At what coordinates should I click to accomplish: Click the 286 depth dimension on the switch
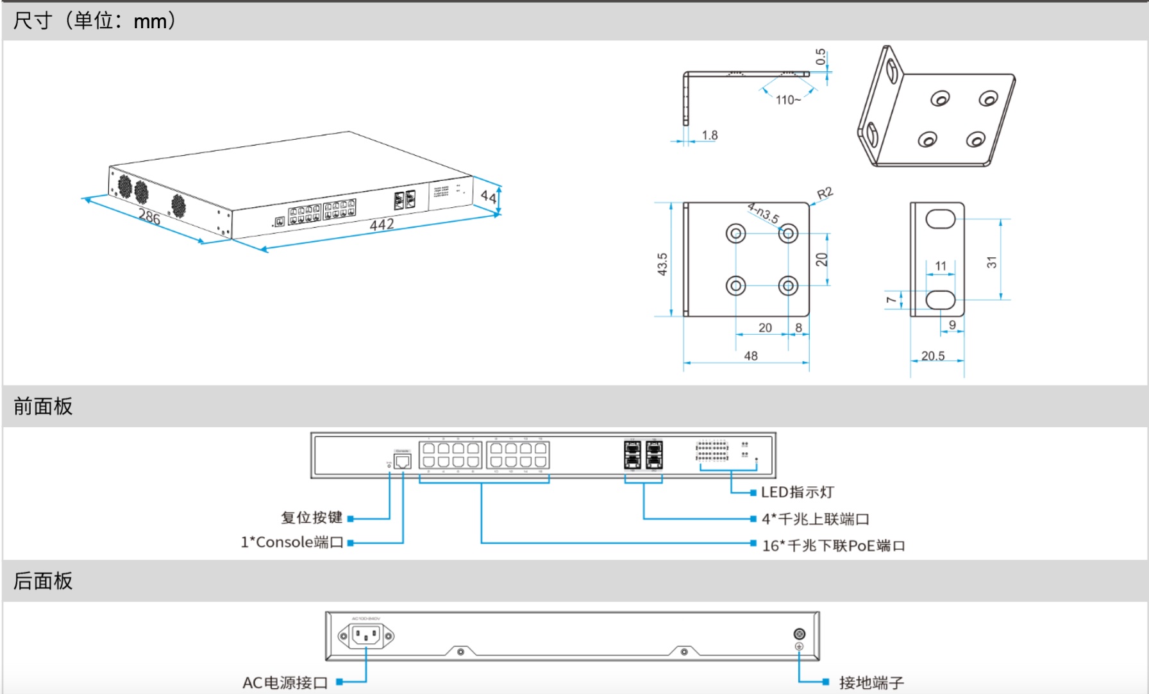point(149,217)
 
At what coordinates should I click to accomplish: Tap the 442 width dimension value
point(382,224)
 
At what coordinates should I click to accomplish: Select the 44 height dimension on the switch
point(489,196)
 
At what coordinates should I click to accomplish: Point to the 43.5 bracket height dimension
point(662,264)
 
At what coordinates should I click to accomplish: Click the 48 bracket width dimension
point(751,356)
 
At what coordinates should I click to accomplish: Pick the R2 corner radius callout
point(825,194)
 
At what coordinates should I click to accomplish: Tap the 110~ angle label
point(788,100)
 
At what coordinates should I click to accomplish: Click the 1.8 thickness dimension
point(709,135)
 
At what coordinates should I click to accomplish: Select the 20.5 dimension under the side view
point(933,356)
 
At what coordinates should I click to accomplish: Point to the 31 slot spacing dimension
point(992,262)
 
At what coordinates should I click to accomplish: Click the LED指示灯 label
point(797,493)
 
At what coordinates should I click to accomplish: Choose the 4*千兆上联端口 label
point(815,519)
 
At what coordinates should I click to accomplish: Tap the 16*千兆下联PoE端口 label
point(833,546)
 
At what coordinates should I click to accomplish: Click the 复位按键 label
point(312,518)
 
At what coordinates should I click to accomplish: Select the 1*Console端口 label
point(292,543)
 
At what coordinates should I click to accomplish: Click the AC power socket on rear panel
point(366,636)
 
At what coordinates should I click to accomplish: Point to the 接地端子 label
point(871,682)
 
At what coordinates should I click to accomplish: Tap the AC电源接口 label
point(285,682)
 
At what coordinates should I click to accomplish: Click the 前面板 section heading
point(43,406)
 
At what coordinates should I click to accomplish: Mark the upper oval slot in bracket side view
point(941,219)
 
